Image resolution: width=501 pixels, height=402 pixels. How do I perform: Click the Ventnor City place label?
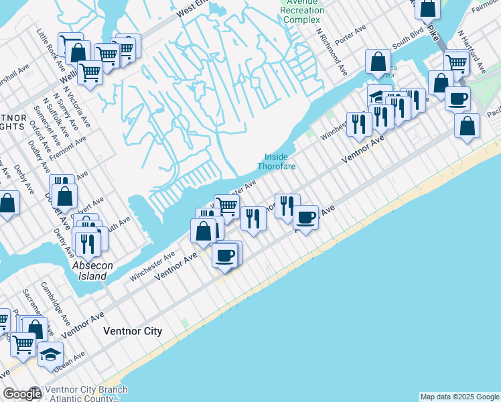pos(133,331)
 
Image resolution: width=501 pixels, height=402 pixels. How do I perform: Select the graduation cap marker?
pos(50,354)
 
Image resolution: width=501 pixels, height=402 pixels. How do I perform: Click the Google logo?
pos(21,395)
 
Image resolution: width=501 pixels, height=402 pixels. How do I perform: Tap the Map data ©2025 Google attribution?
pos(459,397)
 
